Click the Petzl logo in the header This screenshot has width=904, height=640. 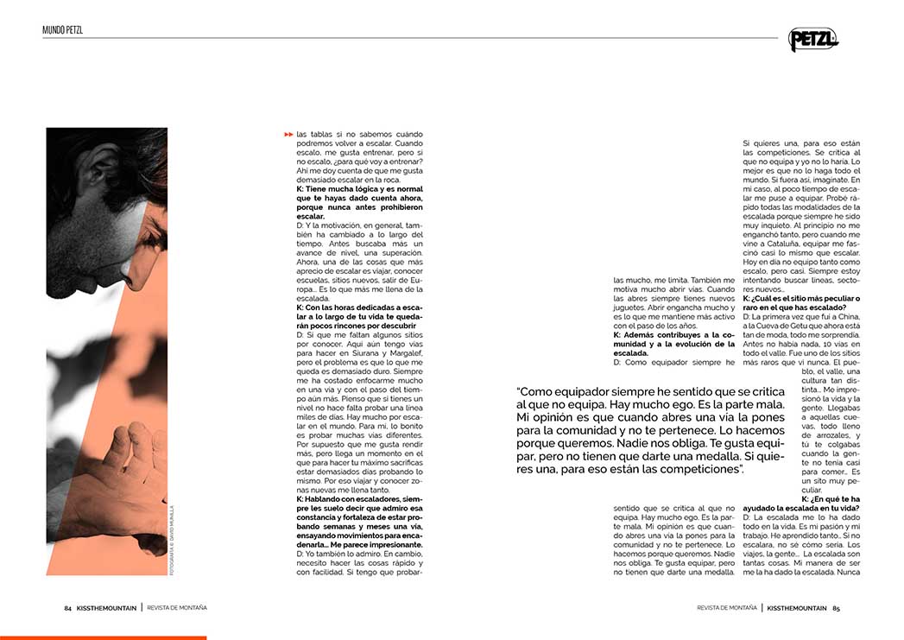coord(812,39)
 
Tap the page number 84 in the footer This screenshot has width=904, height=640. coord(67,607)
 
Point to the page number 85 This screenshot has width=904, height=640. coord(836,607)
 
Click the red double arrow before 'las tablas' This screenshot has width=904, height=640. coord(288,135)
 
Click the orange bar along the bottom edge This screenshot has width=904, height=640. coord(103,637)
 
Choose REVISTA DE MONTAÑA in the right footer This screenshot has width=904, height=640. coord(727,607)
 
